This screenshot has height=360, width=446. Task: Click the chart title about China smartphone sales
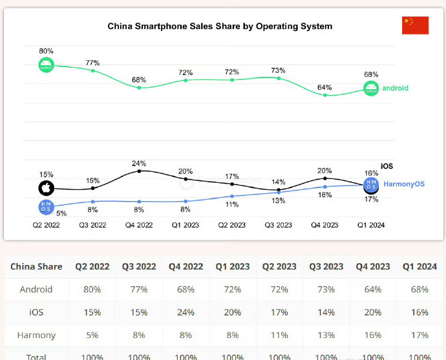coord(220,26)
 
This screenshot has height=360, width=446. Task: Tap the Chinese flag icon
coord(415,25)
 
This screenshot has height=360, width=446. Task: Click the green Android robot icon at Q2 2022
coord(46,65)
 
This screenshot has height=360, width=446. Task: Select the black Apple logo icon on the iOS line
coord(46,188)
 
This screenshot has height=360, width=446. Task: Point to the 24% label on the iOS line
coord(139,164)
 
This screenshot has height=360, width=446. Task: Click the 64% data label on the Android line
coord(324,87)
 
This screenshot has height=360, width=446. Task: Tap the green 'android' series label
coord(395,88)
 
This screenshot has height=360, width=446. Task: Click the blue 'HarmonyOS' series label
coord(404,184)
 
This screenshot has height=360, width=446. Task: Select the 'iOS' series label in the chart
coord(387,167)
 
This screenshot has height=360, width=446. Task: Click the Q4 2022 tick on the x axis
coord(139,226)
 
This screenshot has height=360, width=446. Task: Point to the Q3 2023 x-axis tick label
coord(278,226)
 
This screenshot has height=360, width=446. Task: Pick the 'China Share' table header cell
coord(36,266)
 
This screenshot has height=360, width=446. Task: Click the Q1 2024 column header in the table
coord(419,266)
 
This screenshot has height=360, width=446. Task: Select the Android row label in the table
coord(36,289)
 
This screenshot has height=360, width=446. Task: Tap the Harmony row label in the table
coord(36,335)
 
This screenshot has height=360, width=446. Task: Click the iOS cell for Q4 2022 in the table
coord(186,312)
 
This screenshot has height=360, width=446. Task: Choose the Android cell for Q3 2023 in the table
coord(326,289)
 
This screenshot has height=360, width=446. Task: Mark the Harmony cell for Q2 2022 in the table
coord(92,335)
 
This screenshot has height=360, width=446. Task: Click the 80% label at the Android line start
coord(46,50)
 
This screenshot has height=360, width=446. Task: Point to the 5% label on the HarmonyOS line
coord(61,213)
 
